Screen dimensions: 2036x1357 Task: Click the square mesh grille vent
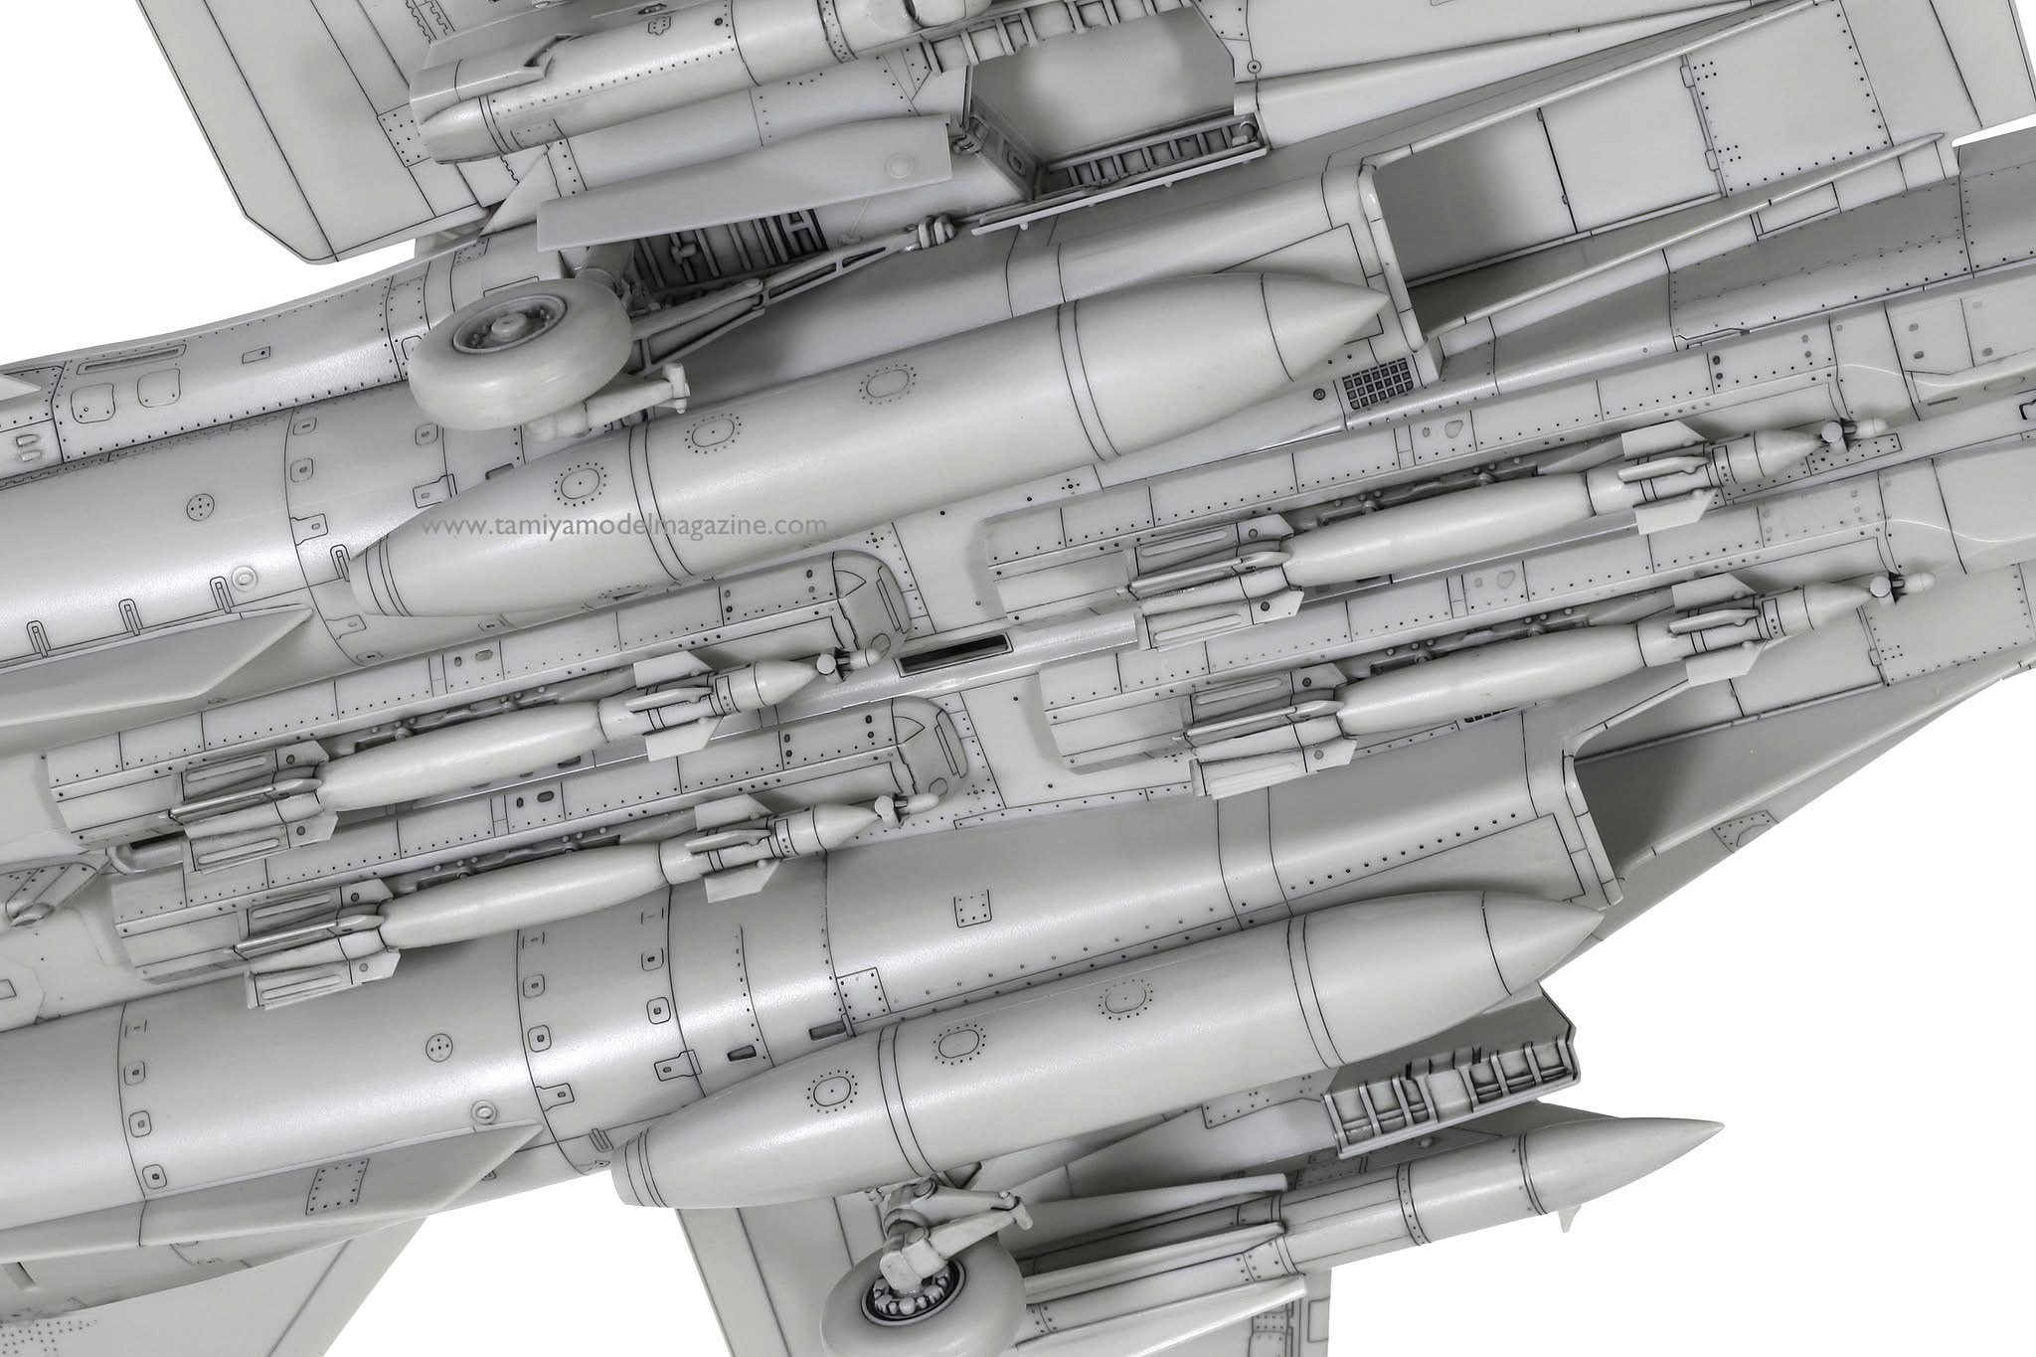tap(1376, 382)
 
